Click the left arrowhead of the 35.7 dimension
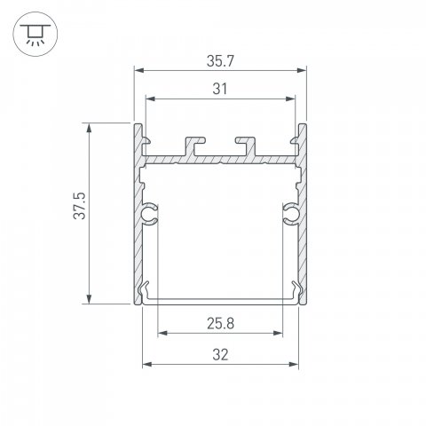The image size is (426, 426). coord(139,69)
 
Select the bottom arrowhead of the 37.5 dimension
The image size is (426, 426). coord(89,299)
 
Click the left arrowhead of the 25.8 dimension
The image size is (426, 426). coord(162,335)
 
